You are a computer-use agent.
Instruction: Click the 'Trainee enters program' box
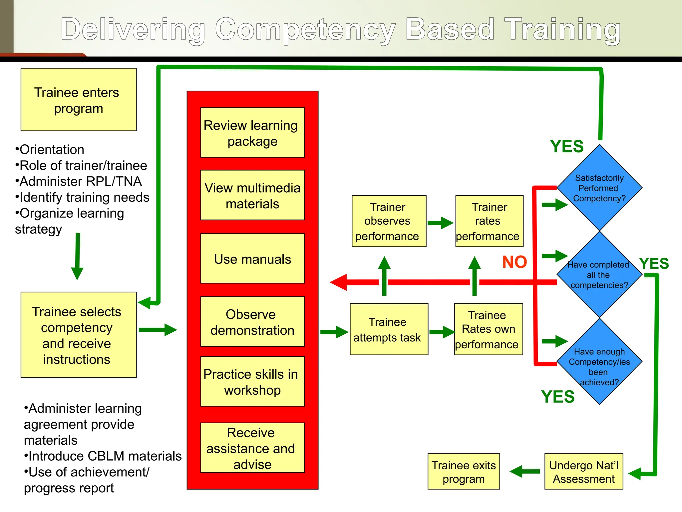coord(79,100)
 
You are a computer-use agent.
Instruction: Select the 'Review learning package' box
coord(252,133)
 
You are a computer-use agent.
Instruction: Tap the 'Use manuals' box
coord(252,259)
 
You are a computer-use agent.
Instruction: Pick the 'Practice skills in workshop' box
coord(252,382)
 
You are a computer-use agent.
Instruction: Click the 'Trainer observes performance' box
coord(389,221)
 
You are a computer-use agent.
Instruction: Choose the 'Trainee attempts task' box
coord(389,329)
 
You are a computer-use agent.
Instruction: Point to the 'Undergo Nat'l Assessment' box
coord(583,471)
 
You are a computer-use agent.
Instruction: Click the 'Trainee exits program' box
coord(464,471)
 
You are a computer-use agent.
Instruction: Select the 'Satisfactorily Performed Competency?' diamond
coord(599,188)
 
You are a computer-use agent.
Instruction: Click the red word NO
coord(514,262)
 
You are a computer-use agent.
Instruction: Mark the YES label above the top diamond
coord(567,147)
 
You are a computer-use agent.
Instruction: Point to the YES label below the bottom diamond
coord(558,397)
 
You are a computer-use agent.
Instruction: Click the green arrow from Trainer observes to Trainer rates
coord(440,223)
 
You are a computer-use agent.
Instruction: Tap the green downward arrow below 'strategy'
coord(77,257)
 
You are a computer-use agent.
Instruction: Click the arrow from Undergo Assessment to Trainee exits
coord(524,471)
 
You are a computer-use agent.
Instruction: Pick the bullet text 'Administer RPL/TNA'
coord(79,182)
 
